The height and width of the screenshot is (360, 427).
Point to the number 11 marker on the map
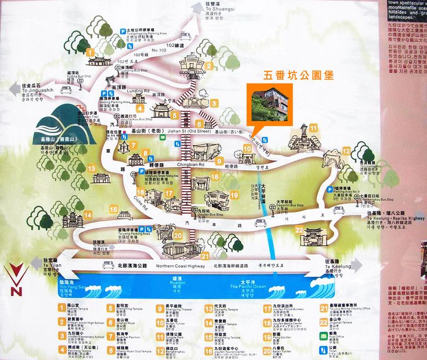coord(313,128)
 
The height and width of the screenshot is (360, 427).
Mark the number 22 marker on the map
coord(299,230)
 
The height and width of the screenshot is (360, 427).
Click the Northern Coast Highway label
coord(180,266)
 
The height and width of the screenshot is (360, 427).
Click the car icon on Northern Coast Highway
coord(108,265)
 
